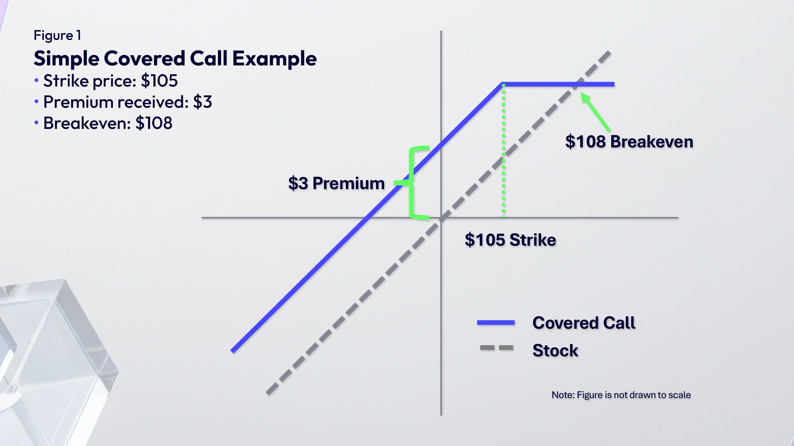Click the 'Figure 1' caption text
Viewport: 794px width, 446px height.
(x=57, y=36)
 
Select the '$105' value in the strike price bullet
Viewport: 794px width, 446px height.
(x=159, y=81)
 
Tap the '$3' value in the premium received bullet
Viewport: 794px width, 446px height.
(x=203, y=102)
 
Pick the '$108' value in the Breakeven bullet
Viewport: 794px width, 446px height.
(x=154, y=123)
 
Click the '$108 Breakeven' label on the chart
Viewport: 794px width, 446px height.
(x=629, y=142)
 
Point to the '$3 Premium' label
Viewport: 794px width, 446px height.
(x=337, y=183)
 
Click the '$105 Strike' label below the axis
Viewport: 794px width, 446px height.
(x=510, y=240)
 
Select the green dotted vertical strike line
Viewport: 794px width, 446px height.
(x=503, y=151)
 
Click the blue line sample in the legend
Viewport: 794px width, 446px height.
(x=496, y=323)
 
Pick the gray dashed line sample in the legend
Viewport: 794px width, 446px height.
(x=496, y=348)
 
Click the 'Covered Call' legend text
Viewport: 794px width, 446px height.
(x=584, y=323)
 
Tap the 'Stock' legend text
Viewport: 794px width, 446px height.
(x=555, y=350)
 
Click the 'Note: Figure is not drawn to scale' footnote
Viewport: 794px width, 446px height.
(x=621, y=395)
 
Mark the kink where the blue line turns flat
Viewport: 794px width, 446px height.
(x=502, y=84)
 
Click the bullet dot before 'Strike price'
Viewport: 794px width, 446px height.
(x=36, y=80)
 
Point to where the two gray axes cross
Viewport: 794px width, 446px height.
(x=441, y=218)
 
